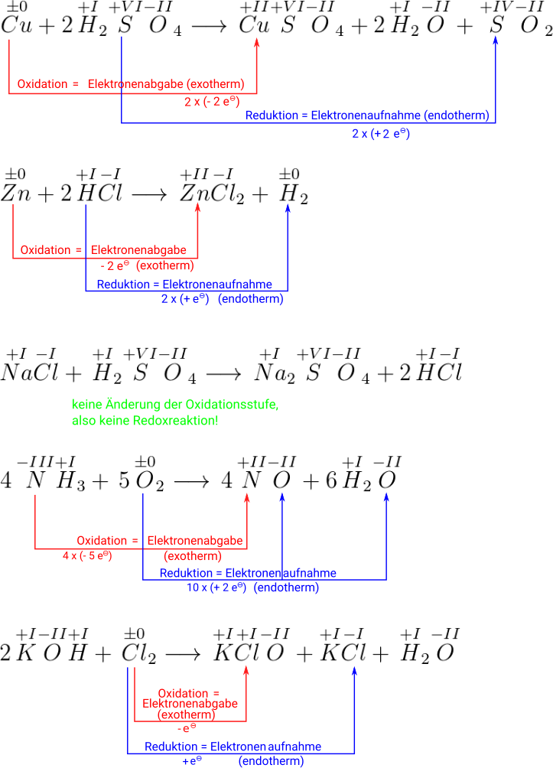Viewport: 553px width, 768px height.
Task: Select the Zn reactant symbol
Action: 15,193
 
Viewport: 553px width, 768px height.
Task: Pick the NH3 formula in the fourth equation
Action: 54,482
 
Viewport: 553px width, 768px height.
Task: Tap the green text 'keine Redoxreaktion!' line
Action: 145,421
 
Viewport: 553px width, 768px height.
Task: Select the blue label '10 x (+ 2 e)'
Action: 216,587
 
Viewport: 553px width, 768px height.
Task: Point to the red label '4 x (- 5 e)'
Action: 87,555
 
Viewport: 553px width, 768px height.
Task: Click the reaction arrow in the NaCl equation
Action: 223,373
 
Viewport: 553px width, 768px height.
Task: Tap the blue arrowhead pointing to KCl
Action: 355,671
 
